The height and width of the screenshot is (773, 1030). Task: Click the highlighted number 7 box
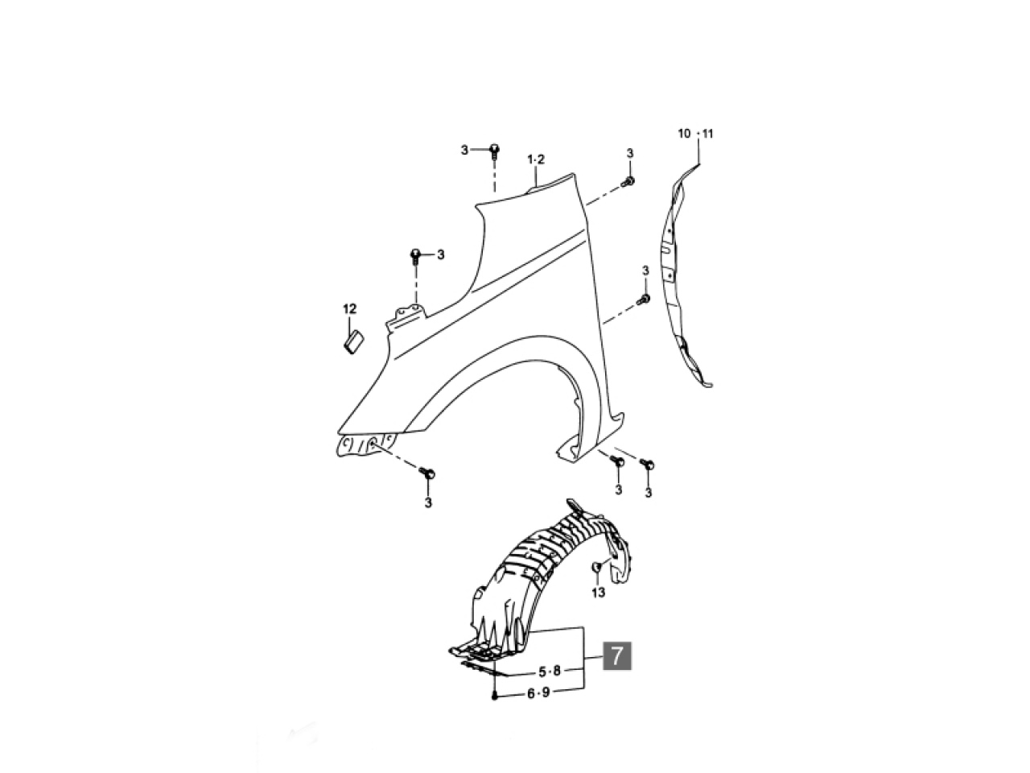616,655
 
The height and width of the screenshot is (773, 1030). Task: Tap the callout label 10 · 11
695,134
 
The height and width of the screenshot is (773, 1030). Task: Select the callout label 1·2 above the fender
536,159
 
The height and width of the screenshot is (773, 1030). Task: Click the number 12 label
349,309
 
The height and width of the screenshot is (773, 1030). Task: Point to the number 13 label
599,593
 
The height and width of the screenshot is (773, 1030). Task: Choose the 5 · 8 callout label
550,672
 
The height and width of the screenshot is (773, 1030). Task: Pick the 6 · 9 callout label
538,693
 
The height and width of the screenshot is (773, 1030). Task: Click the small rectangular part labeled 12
354,341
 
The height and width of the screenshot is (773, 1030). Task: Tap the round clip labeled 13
597,567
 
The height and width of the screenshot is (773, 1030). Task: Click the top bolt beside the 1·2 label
494,152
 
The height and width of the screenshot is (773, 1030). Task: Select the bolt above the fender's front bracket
414,257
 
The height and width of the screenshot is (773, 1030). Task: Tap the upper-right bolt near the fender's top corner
628,182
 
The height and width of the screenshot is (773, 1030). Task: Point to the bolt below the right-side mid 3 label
643,299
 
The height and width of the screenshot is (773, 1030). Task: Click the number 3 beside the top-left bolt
464,151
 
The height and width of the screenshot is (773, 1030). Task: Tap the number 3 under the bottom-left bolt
428,502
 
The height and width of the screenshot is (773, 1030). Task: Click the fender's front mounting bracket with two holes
406,316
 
